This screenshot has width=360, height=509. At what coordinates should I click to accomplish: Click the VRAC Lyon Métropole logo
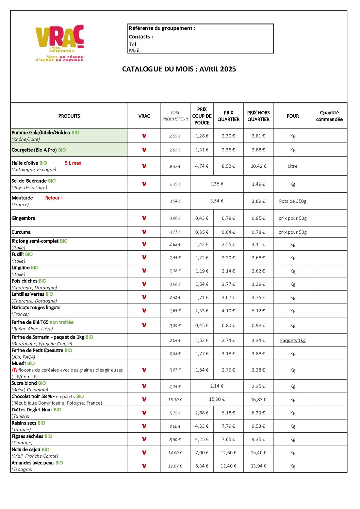pyautogui.click(x=60, y=43)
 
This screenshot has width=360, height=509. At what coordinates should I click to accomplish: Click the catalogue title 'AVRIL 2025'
pyautogui.click(x=218, y=69)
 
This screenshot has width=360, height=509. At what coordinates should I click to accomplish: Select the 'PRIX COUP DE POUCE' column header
pyautogui.click(x=202, y=116)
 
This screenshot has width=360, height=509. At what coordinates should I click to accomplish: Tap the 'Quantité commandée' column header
pyautogui.click(x=329, y=116)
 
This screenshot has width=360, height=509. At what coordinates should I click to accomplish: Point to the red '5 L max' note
pyautogui.click(x=73, y=163)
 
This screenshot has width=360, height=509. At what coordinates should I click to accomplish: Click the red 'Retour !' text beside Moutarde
pyautogui.click(x=54, y=198)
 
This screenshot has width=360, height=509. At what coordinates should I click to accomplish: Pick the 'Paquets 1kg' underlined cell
pyautogui.click(x=293, y=340)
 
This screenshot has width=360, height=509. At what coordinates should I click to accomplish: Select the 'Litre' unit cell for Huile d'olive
pyautogui.click(x=293, y=166)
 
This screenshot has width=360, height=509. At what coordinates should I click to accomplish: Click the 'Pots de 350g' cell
pyautogui.click(x=293, y=201)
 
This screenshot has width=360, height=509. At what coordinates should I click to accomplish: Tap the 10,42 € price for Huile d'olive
pyautogui.click(x=259, y=166)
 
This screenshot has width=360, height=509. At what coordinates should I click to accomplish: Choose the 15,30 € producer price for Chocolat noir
pyautogui.click(x=175, y=399)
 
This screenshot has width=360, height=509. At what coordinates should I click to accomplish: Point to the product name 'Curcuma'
pyautogui.click(x=21, y=232)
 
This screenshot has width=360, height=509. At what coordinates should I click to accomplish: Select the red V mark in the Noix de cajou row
pyautogui.click(x=144, y=453)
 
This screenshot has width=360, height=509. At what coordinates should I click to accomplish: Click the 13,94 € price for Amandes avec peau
pyautogui.click(x=259, y=466)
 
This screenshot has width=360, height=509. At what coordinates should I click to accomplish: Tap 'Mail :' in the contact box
pyautogui.click(x=135, y=51)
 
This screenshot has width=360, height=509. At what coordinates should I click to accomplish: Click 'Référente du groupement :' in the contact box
pyautogui.click(x=162, y=28)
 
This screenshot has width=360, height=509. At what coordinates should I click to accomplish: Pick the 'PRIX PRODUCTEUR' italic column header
pyautogui.click(x=175, y=116)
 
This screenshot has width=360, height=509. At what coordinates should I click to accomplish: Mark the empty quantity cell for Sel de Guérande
pyautogui.click(x=329, y=184)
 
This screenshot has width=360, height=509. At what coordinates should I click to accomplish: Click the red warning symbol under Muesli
pyautogui.click(x=14, y=370)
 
